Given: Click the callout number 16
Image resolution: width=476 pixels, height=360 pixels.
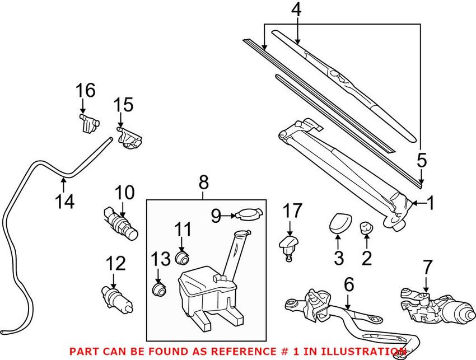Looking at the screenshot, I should click(x=86, y=90).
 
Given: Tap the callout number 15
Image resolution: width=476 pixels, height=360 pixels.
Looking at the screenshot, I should click(x=124, y=105).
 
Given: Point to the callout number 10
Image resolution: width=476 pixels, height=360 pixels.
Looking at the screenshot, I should click(x=125, y=193).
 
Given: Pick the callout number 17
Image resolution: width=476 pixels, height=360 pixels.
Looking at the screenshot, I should click(x=292, y=211).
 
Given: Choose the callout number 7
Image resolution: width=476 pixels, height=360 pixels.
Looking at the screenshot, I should click(x=428, y=267).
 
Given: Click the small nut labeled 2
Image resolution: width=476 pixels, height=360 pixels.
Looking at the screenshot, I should click(x=366, y=227).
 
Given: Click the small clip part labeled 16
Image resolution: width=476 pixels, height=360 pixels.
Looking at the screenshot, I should click(x=87, y=121).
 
